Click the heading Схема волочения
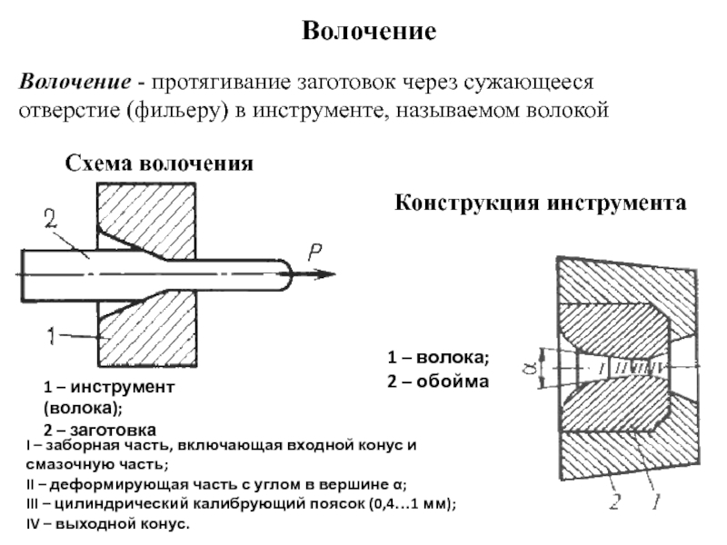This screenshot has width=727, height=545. point(158,164)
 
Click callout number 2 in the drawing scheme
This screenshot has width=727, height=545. point(51,219)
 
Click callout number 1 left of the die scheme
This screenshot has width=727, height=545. point(53,336)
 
